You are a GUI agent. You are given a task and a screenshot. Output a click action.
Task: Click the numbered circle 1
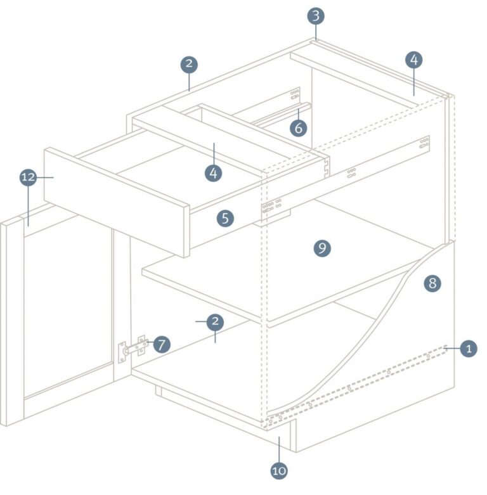(x=468, y=348)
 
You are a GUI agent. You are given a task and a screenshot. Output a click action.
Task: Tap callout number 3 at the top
(x=316, y=15)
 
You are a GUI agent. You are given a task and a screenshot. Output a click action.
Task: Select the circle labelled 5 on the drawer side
(x=225, y=219)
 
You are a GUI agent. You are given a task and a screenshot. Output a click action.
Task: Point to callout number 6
(x=299, y=127)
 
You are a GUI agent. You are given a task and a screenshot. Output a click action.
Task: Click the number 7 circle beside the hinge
(x=162, y=344)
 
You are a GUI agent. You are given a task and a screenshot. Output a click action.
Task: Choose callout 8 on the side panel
(x=432, y=283)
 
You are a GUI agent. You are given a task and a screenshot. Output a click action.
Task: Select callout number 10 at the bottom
(x=279, y=471)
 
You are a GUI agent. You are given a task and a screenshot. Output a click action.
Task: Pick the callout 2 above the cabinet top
(x=188, y=64)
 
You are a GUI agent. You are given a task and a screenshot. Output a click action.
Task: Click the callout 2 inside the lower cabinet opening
(x=215, y=322)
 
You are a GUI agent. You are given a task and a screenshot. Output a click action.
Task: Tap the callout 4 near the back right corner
(x=413, y=60)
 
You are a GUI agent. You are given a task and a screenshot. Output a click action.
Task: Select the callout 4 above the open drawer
(x=214, y=172)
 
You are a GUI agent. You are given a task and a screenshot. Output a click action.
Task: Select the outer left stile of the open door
(x=13, y=323)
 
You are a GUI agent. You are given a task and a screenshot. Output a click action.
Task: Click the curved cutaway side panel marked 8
(x=419, y=330)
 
